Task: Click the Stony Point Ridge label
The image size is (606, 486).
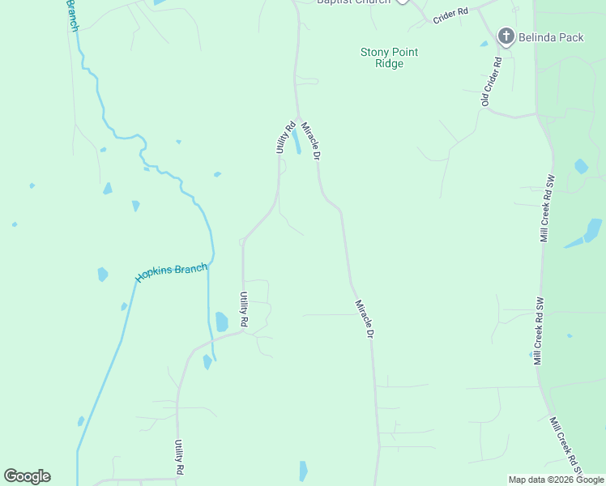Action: pyautogui.click(x=389, y=58)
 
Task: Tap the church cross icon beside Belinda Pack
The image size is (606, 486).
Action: pyautogui.click(x=506, y=36)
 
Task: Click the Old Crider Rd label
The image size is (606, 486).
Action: pyautogui.click(x=492, y=82)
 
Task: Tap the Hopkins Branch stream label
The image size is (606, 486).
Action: pyautogui.click(x=171, y=272)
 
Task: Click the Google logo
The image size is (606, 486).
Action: pyautogui.click(x=27, y=476)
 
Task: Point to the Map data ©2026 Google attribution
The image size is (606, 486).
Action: pyautogui.click(x=555, y=480)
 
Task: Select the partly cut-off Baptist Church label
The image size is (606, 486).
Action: pyautogui.click(x=353, y=2)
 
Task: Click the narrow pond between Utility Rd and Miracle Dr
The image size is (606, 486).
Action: pyautogui.click(x=297, y=143)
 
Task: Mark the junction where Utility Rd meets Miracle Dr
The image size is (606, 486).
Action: pyautogui.click(x=297, y=117)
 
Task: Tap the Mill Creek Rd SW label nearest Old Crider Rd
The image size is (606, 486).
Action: pyautogui.click(x=548, y=207)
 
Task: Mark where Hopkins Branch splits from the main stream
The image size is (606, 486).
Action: pyautogui.click(x=210, y=264)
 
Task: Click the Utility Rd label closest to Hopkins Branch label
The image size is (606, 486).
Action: pyautogui.click(x=242, y=309)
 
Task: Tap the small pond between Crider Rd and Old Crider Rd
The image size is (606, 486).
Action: pyautogui.click(x=484, y=44)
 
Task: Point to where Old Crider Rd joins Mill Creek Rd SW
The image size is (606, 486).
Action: pyautogui.click(x=536, y=114)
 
